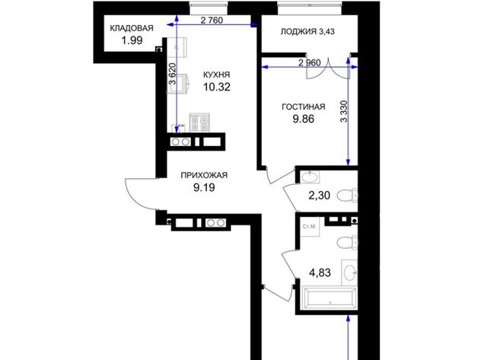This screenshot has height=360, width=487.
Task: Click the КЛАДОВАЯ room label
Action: pyautogui.click(x=132, y=28)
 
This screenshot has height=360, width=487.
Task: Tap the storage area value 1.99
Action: pyautogui.click(x=132, y=40)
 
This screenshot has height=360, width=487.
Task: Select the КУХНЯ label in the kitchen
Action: pyautogui.click(x=216, y=75)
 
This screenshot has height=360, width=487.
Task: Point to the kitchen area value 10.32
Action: pyautogui.click(x=217, y=87)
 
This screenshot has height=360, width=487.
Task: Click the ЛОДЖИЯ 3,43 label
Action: pyautogui.click(x=307, y=32)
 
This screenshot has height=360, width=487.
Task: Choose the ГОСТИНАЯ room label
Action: pyautogui.click(x=304, y=107)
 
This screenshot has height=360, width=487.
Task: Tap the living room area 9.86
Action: pyautogui.click(x=304, y=119)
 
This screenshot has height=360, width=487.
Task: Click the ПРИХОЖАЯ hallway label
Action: pyautogui.click(x=204, y=176)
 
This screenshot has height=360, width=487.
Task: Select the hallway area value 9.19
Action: pyautogui.click(x=204, y=187)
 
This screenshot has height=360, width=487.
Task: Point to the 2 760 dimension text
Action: pyautogui.click(x=212, y=21)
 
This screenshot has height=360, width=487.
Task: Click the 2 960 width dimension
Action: pyautogui.click(x=310, y=63)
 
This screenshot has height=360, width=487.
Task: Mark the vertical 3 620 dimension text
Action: pyautogui.click(x=173, y=74)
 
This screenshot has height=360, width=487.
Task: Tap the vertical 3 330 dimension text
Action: pyautogui.click(x=344, y=112)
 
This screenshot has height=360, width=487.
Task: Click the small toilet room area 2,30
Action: pyautogui.click(x=320, y=196)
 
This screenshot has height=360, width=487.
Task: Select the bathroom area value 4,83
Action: pyautogui.click(x=320, y=272)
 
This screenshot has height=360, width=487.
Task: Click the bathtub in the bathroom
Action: pyautogui.click(x=329, y=298)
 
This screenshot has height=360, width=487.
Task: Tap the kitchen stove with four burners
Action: pyautogui.click(x=199, y=122)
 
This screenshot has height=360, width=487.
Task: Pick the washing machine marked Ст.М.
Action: pyautogui.click(x=310, y=227)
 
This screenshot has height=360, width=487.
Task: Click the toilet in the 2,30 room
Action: pyautogui.click(x=347, y=196)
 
